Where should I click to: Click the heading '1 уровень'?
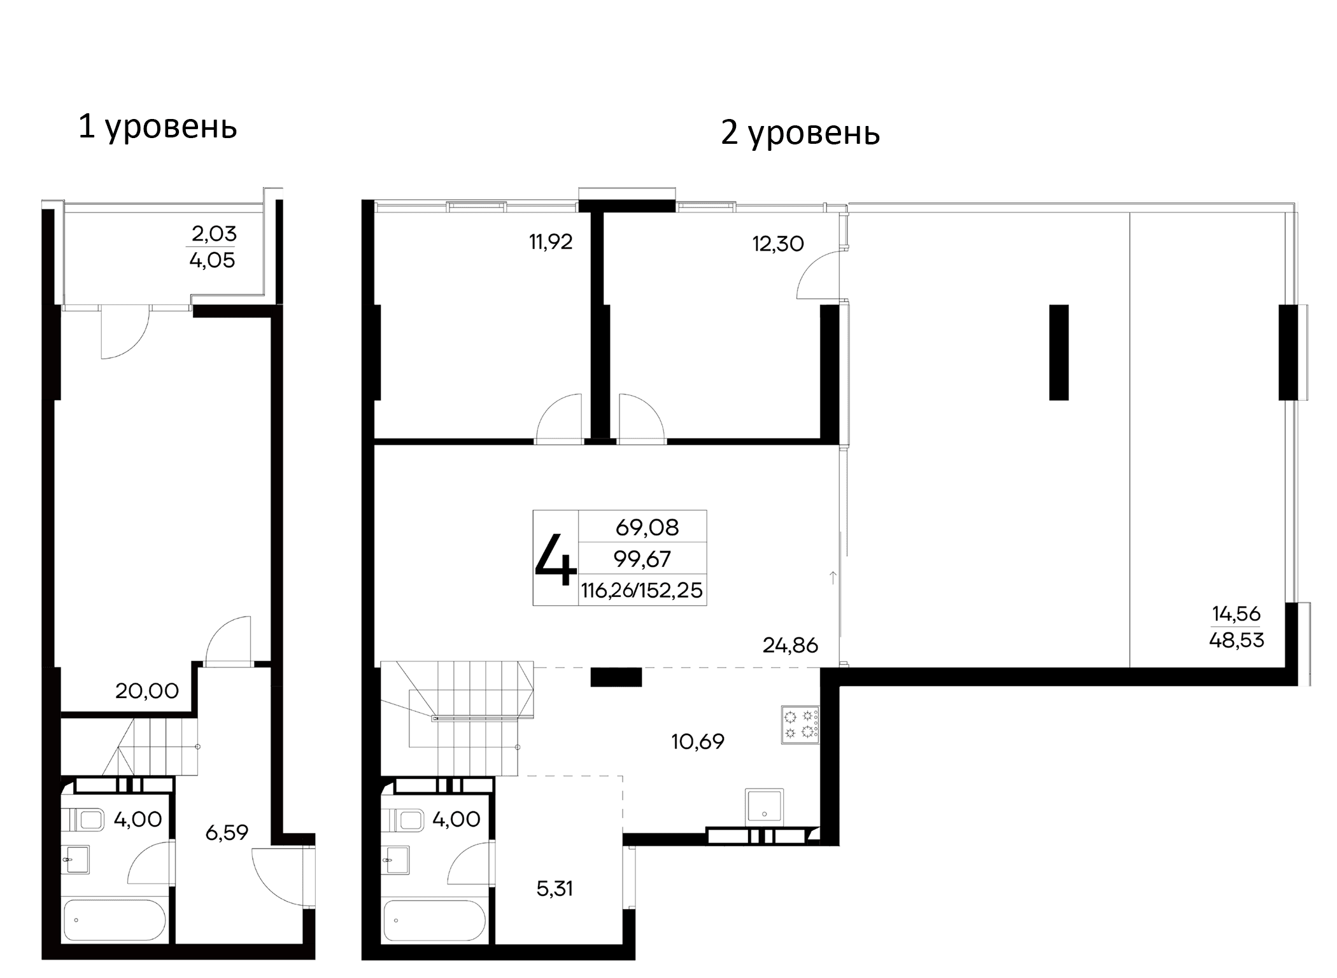(x=157, y=127)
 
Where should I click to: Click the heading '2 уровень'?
(x=800, y=133)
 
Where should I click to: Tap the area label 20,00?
(x=147, y=690)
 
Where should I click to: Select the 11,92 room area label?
(x=551, y=242)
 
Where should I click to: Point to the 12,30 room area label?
(x=778, y=244)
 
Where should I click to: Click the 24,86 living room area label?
(x=790, y=645)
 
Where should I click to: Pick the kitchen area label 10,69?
(x=698, y=741)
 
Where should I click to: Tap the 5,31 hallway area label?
(x=555, y=888)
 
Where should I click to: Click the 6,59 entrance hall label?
(x=227, y=832)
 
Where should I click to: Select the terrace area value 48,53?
(x=1236, y=640)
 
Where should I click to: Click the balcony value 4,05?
(x=212, y=260)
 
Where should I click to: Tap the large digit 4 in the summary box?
(x=556, y=559)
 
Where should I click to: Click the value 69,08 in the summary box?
(x=647, y=527)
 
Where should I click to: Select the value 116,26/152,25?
(x=642, y=590)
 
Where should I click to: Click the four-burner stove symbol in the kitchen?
(x=800, y=725)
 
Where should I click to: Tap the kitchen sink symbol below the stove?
(x=764, y=806)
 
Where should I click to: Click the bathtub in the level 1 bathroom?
(x=115, y=919)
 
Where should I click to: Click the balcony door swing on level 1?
(x=124, y=332)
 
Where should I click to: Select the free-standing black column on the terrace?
(x=1058, y=352)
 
